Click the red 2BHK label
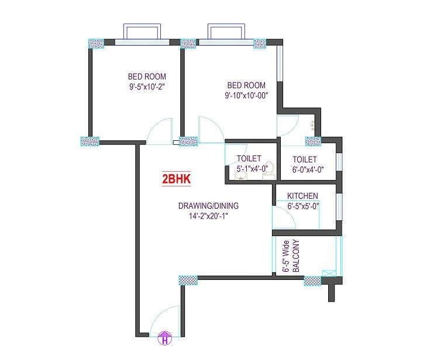pos(176,179)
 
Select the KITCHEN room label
pos(302,196)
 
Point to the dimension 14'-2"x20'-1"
pos(209,216)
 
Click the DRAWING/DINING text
pos(208,206)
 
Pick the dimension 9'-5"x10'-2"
pos(147,87)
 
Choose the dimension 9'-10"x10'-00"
pos(246,95)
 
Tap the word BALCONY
pos(296,256)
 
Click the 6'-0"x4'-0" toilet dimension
pos(308,169)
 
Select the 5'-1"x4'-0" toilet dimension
pos(251,169)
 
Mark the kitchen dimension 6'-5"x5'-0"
pos(304,206)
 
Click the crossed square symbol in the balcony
pos(329,274)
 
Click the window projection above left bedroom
pos(142,31)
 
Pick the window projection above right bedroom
pos(226,31)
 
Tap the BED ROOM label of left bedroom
pos(147,77)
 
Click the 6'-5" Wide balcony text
pos(285,257)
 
